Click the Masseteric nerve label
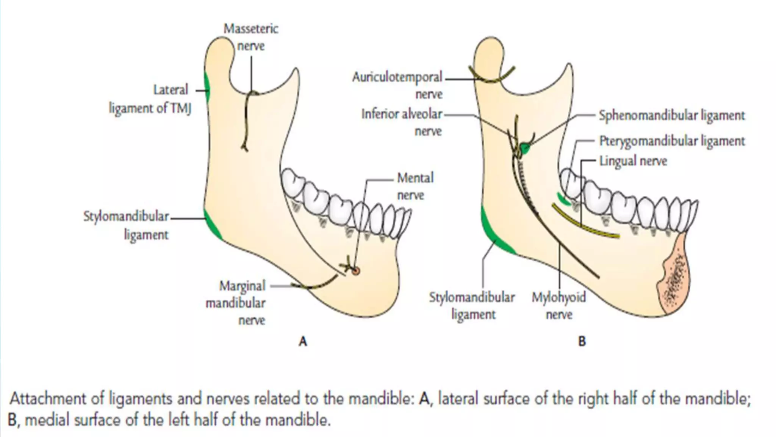(251, 37)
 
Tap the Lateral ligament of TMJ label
(150, 99)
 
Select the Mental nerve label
(415, 186)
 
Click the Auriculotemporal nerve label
(397, 85)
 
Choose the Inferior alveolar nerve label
(402, 122)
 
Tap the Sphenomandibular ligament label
(671, 115)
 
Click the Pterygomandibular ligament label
(672, 141)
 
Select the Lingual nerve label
(633, 161)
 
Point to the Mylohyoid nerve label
(559, 306)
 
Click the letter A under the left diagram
(303, 341)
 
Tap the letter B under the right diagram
(582, 341)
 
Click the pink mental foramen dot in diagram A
(355, 271)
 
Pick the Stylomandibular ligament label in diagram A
(126, 226)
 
